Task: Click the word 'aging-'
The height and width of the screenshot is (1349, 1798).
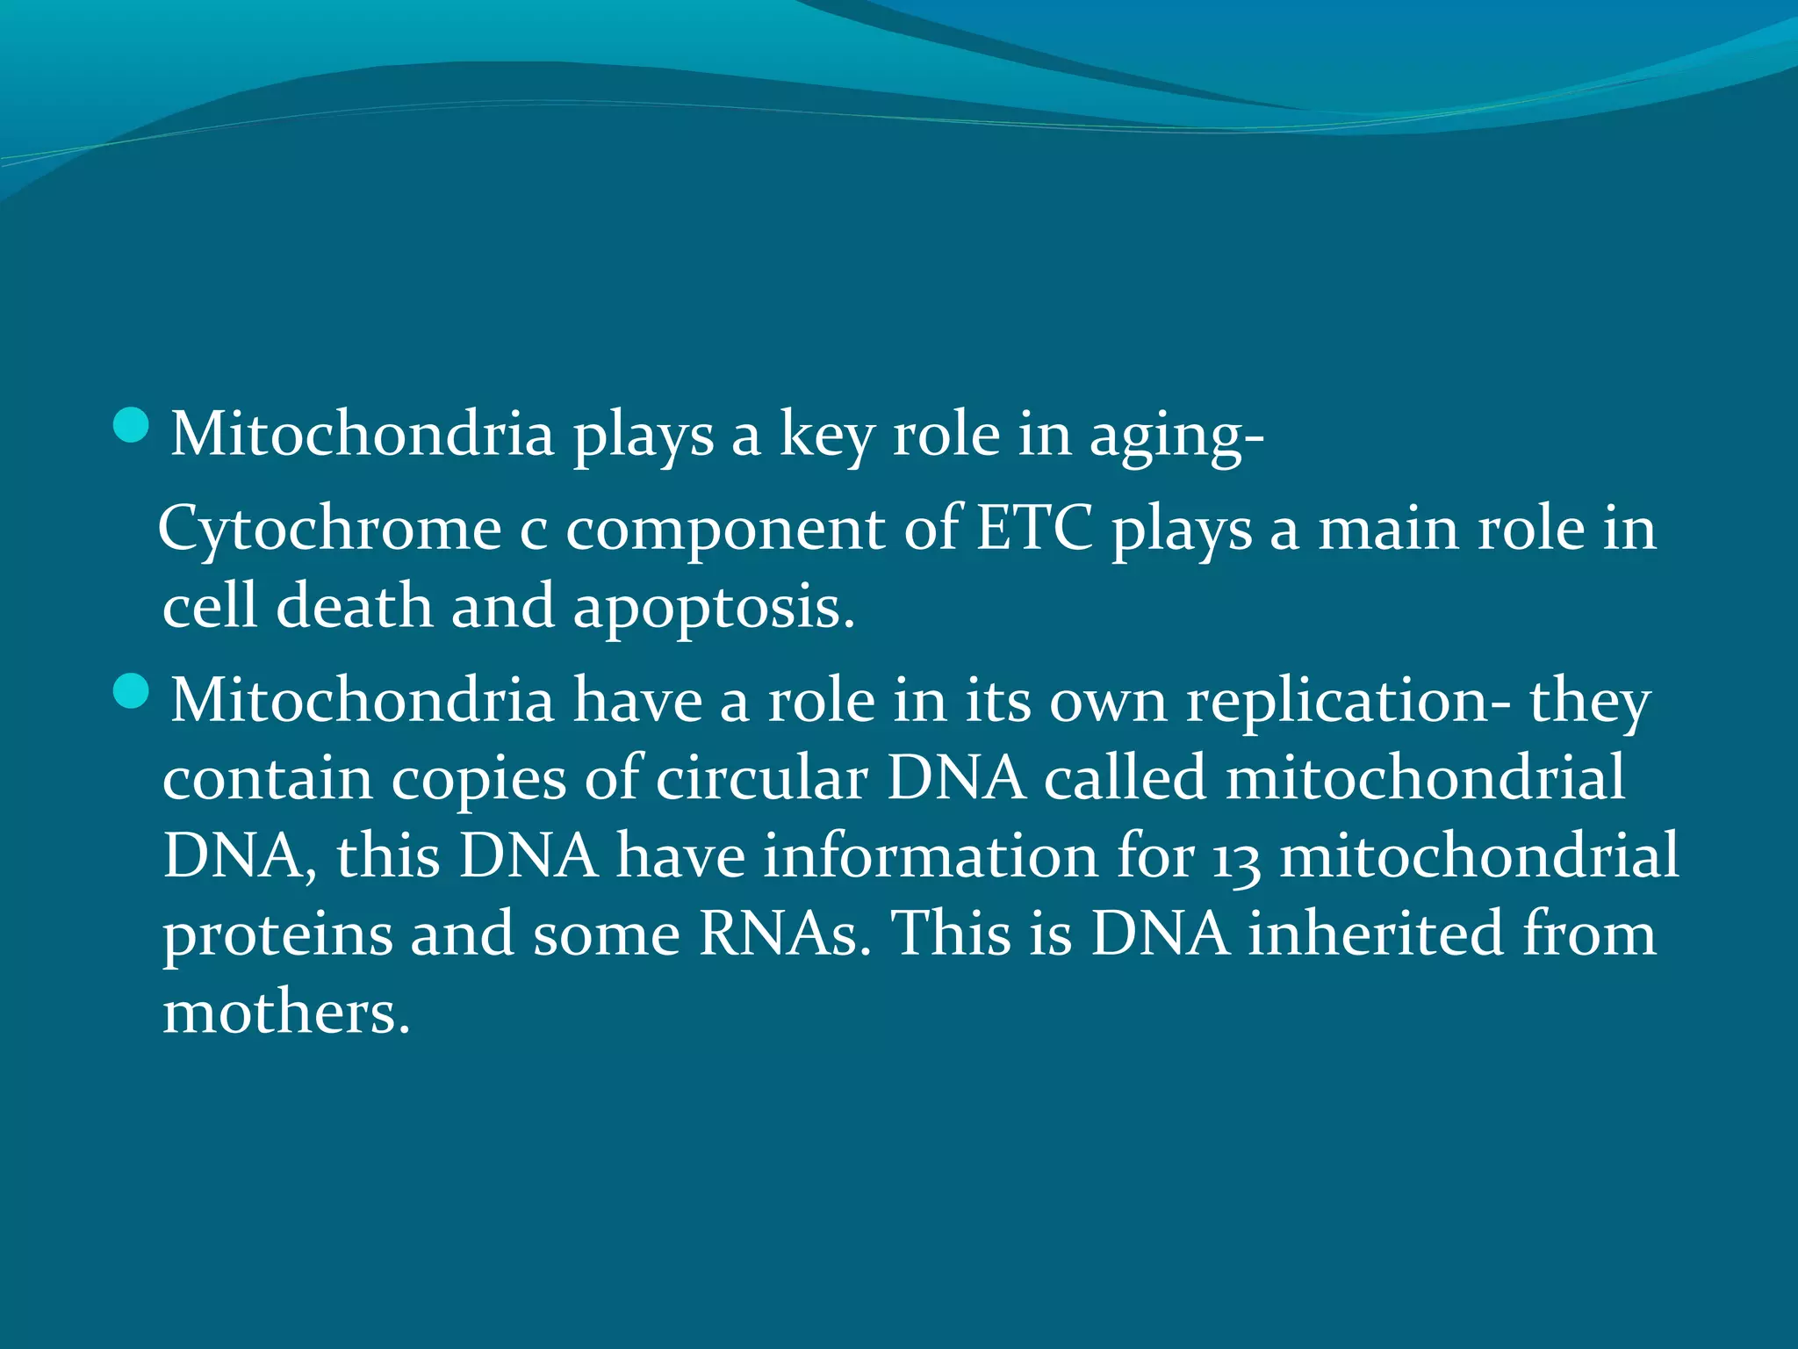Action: point(1176,436)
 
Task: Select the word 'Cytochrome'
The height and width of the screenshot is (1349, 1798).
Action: point(329,531)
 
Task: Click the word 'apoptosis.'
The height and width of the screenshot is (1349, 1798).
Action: point(714,609)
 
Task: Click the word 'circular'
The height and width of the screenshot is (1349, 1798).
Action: point(761,778)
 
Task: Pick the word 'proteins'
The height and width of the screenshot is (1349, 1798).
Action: point(277,935)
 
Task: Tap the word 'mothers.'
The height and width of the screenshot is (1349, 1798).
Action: point(286,1012)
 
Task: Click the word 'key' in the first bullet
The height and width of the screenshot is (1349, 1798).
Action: point(826,436)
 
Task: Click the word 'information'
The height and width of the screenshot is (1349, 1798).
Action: point(930,856)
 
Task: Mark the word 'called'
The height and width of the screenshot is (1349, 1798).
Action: point(1125,778)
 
